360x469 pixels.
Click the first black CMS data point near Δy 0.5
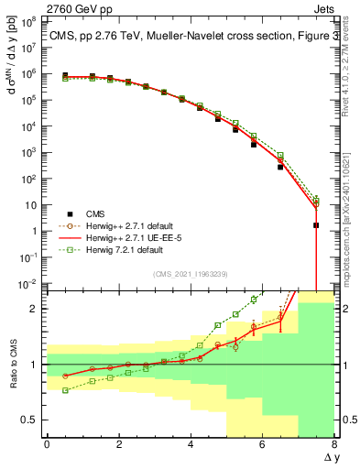coord(65,76)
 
